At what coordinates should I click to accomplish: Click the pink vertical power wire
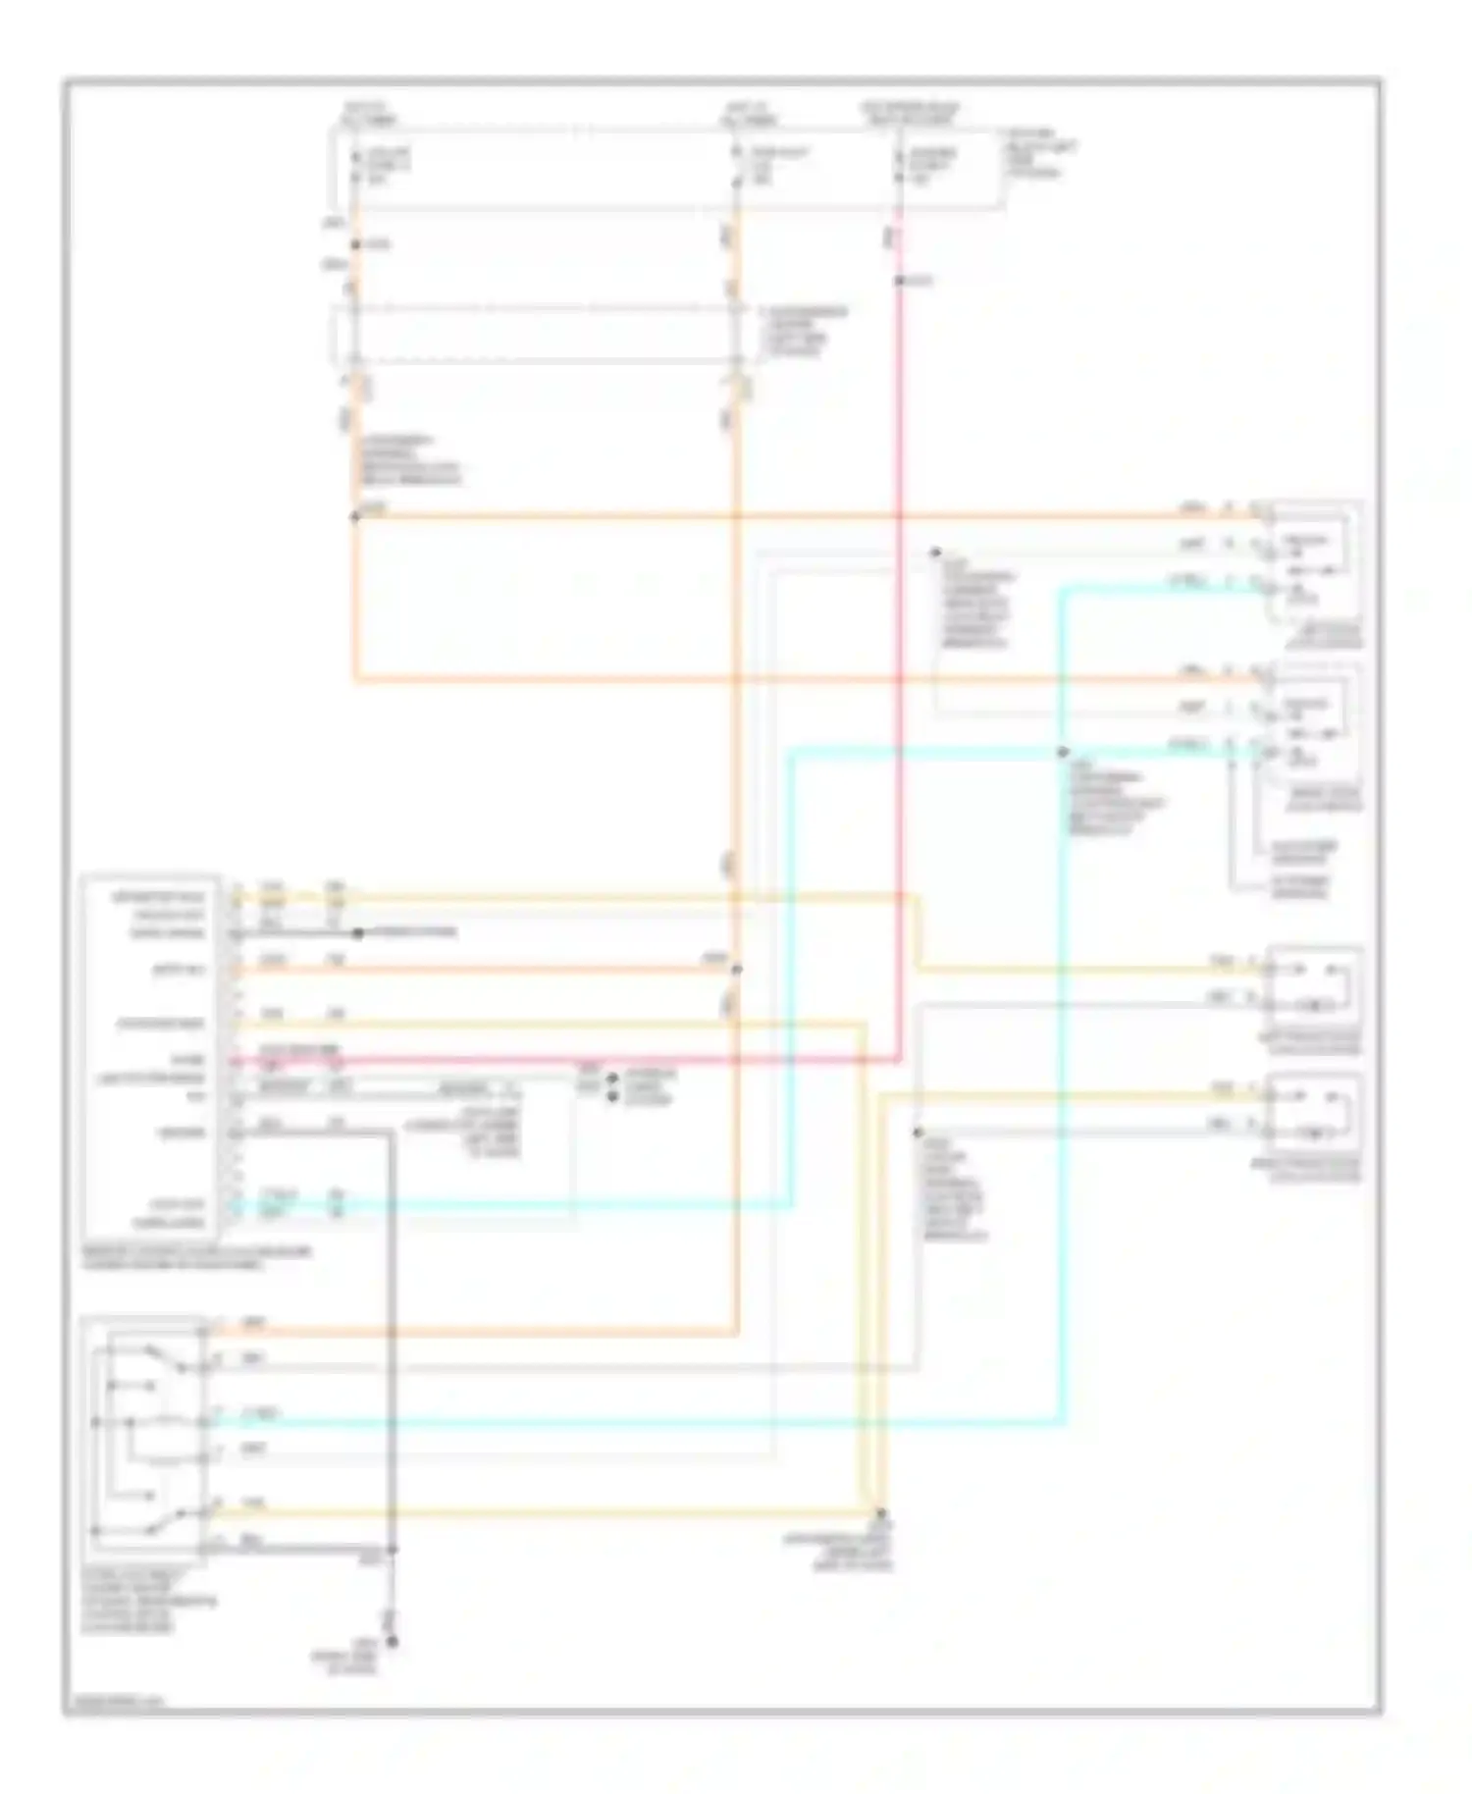point(898,687)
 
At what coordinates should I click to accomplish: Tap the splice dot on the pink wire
point(898,282)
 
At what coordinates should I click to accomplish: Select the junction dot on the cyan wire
point(1063,752)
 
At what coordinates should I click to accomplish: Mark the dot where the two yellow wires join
point(880,1512)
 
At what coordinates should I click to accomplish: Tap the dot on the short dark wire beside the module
point(358,932)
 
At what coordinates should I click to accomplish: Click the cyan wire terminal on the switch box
point(204,1421)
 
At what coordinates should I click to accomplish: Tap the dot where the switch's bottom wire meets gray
point(392,1550)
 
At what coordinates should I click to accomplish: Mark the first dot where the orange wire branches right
point(355,516)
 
